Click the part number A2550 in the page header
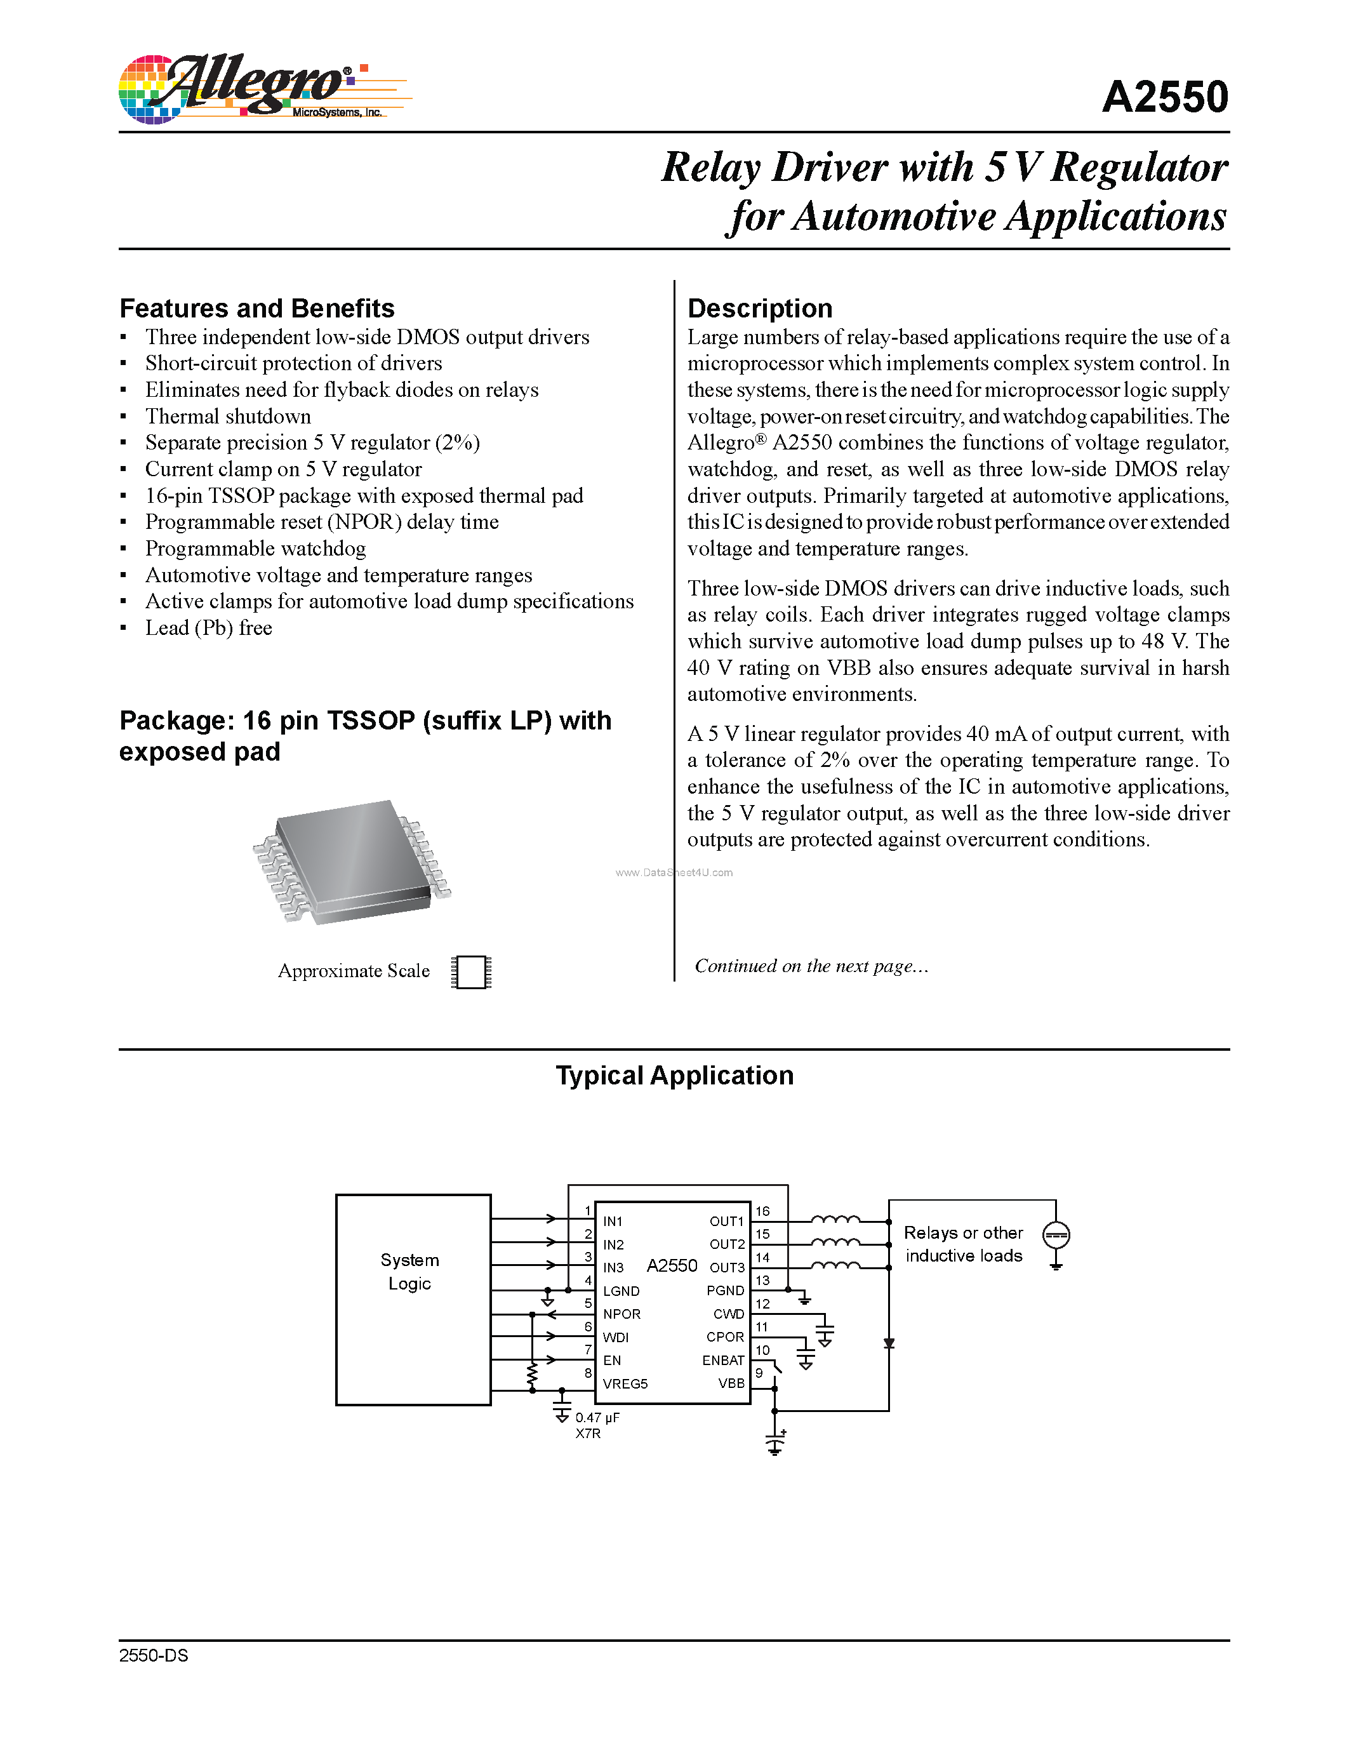pos(1164,98)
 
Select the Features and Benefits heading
pos(256,309)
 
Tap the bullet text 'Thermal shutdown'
pos(228,417)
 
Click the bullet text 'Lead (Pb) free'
pos(209,629)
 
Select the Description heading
pos(759,309)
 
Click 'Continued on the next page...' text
pos(811,966)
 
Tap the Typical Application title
pos(674,1076)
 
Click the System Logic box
pos(413,1299)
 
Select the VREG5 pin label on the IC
pos(625,1384)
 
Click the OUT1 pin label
pos(726,1222)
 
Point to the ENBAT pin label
pos(722,1361)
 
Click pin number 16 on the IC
pos(762,1211)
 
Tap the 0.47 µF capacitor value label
pos(597,1417)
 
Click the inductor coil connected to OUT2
pos(835,1243)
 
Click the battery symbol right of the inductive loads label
pos(1056,1236)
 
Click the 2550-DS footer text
pos(154,1656)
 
